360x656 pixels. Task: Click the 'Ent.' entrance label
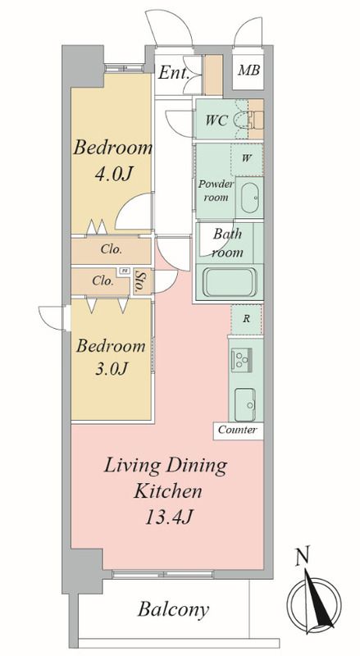tap(173, 74)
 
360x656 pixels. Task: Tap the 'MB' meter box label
tap(248, 71)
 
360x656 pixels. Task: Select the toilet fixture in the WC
tap(246, 119)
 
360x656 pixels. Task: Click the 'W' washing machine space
tap(247, 159)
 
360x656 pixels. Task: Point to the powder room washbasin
tap(250, 198)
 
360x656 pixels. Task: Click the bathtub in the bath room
tap(229, 282)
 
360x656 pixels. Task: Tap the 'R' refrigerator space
tap(247, 319)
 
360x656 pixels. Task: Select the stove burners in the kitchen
tap(242, 358)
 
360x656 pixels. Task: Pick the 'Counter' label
tap(237, 430)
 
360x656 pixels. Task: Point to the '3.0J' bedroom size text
tap(111, 368)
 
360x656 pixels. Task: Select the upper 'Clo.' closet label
tap(112, 250)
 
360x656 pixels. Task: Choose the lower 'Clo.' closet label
tap(103, 280)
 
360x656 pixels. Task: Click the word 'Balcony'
tap(173, 610)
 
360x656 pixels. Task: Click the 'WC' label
tap(216, 121)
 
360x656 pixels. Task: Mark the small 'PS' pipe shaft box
tap(124, 271)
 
